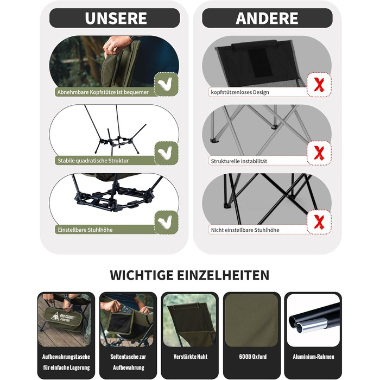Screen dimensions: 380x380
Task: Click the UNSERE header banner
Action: [115, 18]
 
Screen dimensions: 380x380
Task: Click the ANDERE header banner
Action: [267, 18]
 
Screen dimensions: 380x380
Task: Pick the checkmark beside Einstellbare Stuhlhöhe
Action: [166, 222]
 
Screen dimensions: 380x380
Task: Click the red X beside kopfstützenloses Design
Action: [319, 85]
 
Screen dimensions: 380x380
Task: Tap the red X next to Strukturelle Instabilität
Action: [319, 153]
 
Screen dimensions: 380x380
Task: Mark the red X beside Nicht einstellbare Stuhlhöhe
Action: [319, 222]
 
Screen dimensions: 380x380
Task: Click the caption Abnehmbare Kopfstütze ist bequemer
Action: [103, 92]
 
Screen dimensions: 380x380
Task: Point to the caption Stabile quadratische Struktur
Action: [93, 161]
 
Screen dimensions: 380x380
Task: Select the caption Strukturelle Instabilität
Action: [239, 161]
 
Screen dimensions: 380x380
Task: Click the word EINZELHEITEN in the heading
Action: [223, 275]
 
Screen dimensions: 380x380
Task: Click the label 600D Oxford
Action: [252, 357]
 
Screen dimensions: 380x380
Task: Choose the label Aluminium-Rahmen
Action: [313, 357]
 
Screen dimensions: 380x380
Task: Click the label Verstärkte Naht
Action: [191, 357]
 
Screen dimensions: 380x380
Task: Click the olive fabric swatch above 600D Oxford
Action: [251, 320]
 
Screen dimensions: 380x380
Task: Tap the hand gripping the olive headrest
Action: [116, 45]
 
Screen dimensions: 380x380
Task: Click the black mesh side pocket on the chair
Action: [121, 322]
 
